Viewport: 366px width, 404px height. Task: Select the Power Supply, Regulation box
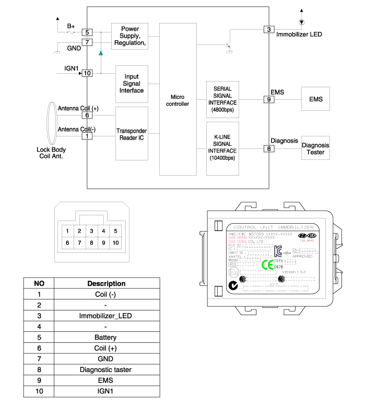point(129,36)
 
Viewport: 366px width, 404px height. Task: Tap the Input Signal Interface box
point(132,84)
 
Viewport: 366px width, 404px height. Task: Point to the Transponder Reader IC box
point(132,134)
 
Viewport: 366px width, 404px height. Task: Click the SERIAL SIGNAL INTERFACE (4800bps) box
point(222,99)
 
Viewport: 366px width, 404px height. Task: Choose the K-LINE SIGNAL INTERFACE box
point(222,148)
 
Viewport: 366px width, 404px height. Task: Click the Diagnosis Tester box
point(315,149)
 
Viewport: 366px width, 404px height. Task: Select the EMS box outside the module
point(315,99)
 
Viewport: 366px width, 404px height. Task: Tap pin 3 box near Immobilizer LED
point(269,29)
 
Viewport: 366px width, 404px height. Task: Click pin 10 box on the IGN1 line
point(87,73)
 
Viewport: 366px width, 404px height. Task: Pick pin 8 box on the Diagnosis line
point(269,149)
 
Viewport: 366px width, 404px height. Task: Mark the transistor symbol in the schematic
point(228,45)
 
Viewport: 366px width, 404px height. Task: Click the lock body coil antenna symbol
point(51,124)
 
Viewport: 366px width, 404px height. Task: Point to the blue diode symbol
point(100,53)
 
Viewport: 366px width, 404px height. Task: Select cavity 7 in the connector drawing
point(79,243)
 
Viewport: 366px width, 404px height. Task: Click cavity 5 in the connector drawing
point(116,230)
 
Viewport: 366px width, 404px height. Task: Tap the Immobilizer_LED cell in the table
point(106,316)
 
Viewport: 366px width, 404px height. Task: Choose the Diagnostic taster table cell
point(106,370)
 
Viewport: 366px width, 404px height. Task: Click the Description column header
point(106,283)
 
